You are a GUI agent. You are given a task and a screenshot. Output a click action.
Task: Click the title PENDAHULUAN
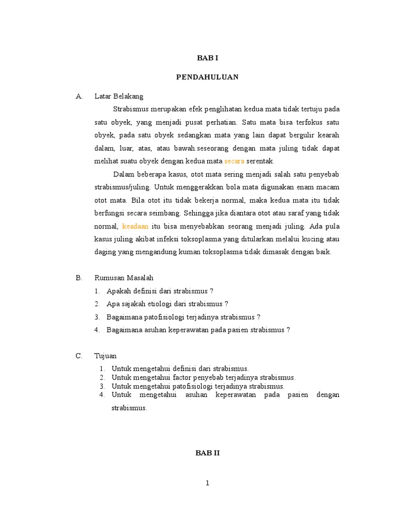[207, 77]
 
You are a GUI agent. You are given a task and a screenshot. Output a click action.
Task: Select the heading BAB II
[207, 453]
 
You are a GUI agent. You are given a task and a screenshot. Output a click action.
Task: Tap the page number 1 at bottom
[207, 484]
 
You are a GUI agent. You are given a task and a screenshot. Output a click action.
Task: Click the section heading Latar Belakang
[119, 96]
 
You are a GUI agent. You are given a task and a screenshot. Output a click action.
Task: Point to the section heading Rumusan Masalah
[124, 278]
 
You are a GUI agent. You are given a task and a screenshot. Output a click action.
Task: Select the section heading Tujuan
[106, 356]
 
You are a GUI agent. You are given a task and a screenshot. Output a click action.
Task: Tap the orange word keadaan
[135, 226]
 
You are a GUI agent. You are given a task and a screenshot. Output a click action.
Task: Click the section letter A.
[79, 96]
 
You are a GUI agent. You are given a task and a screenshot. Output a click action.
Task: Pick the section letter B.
[79, 278]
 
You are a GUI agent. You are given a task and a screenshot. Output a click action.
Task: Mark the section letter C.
[79, 356]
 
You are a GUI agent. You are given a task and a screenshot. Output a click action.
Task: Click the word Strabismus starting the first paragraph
[130, 109]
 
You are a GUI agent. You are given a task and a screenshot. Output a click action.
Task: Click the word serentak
[260, 161]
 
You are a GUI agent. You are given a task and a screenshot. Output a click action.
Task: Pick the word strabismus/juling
[121, 187]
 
